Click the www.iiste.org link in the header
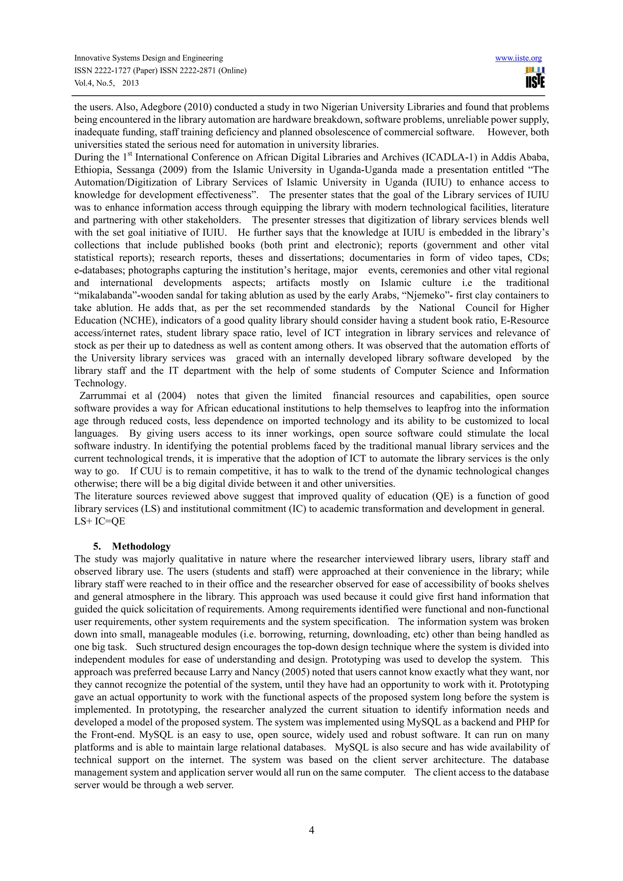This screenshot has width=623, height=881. (x=518, y=58)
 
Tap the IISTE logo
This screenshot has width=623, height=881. (x=535, y=78)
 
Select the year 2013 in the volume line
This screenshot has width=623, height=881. (x=131, y=83)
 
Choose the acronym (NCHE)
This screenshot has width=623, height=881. (x=123, y=321)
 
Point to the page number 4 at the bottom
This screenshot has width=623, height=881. (x=311, y=830)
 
